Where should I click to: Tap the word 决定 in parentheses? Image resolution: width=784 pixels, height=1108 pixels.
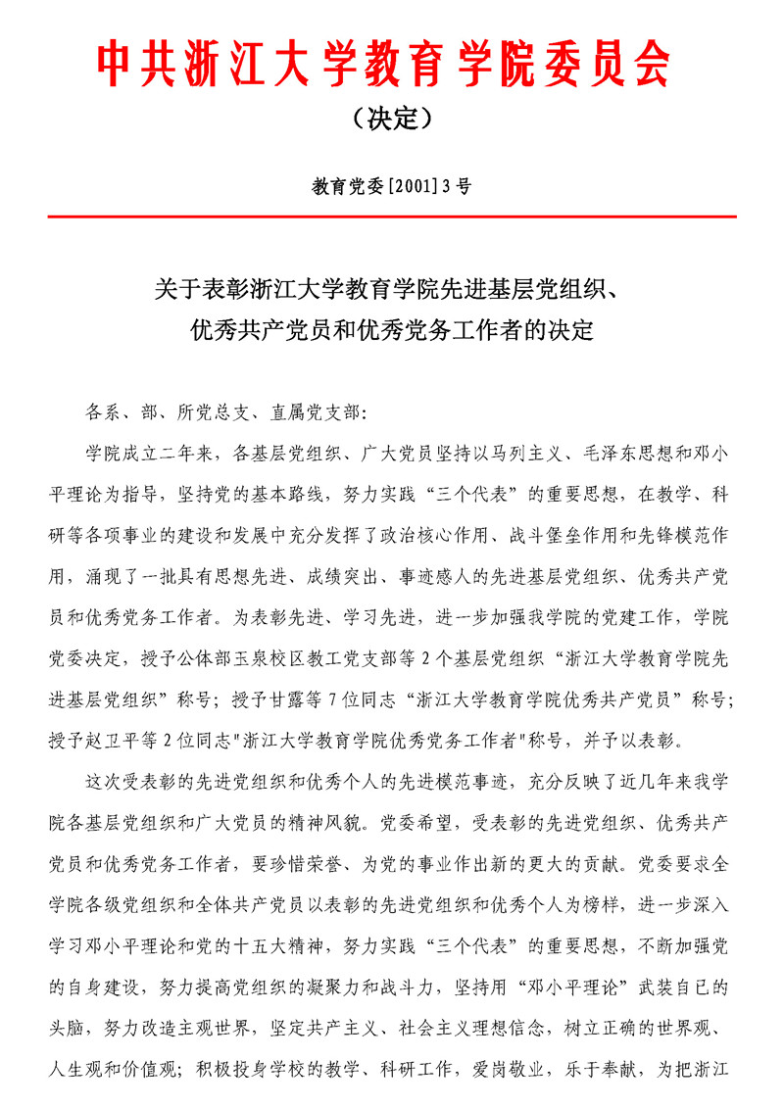[x=392, y=120]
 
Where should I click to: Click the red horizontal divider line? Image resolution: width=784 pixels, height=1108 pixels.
[x=392, y=216]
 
